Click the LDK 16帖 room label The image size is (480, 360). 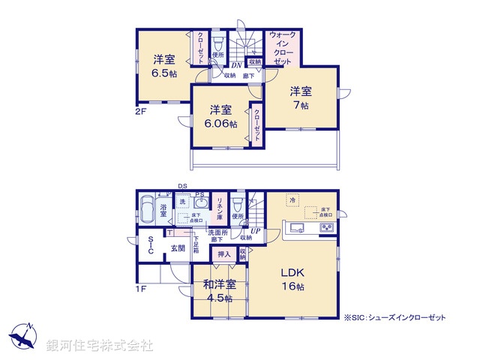click(x=292, y=277)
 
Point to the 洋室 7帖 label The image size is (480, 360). click(x=301, y=98)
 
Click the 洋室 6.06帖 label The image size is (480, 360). click(x=223, y=116)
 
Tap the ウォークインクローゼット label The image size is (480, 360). click(x=281, y=48)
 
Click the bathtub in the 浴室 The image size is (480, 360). click(x=146, y=211)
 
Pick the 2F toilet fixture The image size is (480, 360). click(x=218, y=43)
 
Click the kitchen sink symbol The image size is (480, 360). click(x=295, y=229)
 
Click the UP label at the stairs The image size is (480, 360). click(x=256, y=231)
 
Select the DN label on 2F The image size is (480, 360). click(x=236, y=65)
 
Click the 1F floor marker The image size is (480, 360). click(x=139, y=287)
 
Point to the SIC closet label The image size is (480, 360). click(x=150, y=247)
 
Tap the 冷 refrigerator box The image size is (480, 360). click(x=293, y=201)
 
